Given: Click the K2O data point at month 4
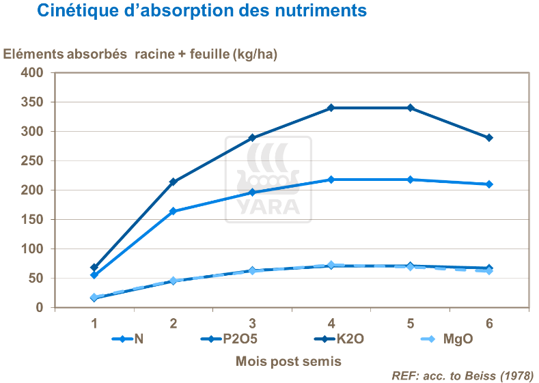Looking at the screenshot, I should (331, 108).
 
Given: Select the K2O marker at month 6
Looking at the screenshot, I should (489, 138).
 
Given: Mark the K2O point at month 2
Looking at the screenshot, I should (174, 182).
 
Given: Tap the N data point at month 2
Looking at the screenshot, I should (174, 211).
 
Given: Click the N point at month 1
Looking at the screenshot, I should (94, 275).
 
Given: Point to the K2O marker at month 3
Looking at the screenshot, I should (252, 138).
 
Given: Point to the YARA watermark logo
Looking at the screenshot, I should (268, 180).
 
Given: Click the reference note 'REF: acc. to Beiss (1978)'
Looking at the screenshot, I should (462, 375).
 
